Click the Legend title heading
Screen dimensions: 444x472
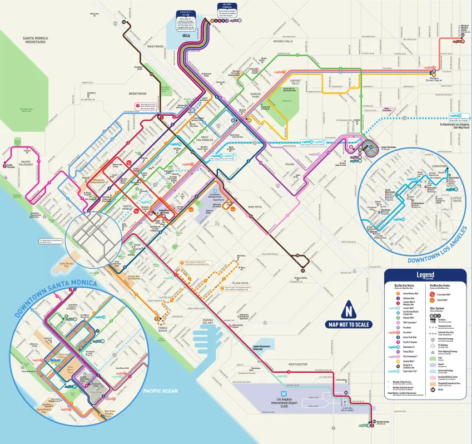(425, 274)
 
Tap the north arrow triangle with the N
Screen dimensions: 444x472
(349, 312)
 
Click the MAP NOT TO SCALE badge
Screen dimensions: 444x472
(349, 324)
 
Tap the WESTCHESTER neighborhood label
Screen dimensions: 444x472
(287, 364)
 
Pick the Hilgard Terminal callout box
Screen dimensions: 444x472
(227, 9)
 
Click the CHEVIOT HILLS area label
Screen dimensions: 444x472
(295, 82)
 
